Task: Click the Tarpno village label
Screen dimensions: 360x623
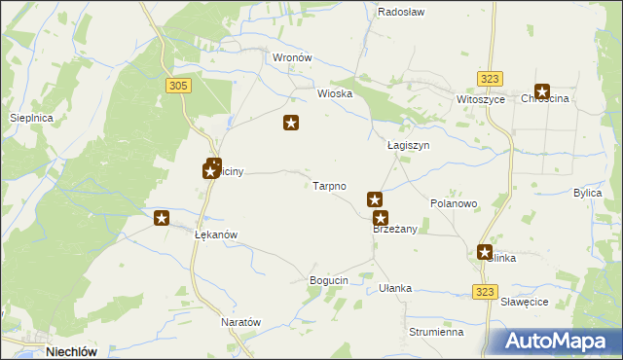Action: pos(329,185)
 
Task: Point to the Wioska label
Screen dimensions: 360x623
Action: pos(334,94)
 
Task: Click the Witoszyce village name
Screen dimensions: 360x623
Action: pos(480,100)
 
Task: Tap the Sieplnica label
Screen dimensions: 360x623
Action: pos(30,118)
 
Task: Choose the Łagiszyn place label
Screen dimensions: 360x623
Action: pos(408,145)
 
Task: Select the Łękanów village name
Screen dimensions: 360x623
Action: pos(216,235)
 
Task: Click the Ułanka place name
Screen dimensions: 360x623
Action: pos(395,288)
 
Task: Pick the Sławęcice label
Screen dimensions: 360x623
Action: pos(526,302)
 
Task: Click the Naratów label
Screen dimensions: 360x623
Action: pos(241,322)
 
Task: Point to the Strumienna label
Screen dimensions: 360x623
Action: pos(435,332)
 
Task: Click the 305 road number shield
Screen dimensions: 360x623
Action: pos(178,87)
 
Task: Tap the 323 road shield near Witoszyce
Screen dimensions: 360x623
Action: pos(490,79)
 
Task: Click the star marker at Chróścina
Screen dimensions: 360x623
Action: pos(542,91)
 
